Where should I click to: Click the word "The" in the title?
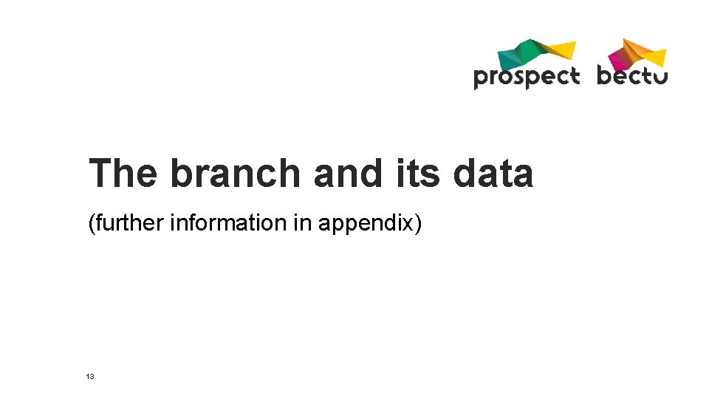pos(123,174)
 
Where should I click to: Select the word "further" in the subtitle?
pos(129,222)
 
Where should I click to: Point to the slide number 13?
pos(90,377)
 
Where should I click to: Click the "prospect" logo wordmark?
pos(526,77)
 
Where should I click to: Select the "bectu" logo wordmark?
pos(632,75)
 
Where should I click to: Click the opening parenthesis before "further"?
pos(91,222)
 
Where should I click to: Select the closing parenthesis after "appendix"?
pos(418,222)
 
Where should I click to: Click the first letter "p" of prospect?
pos(481,78)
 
